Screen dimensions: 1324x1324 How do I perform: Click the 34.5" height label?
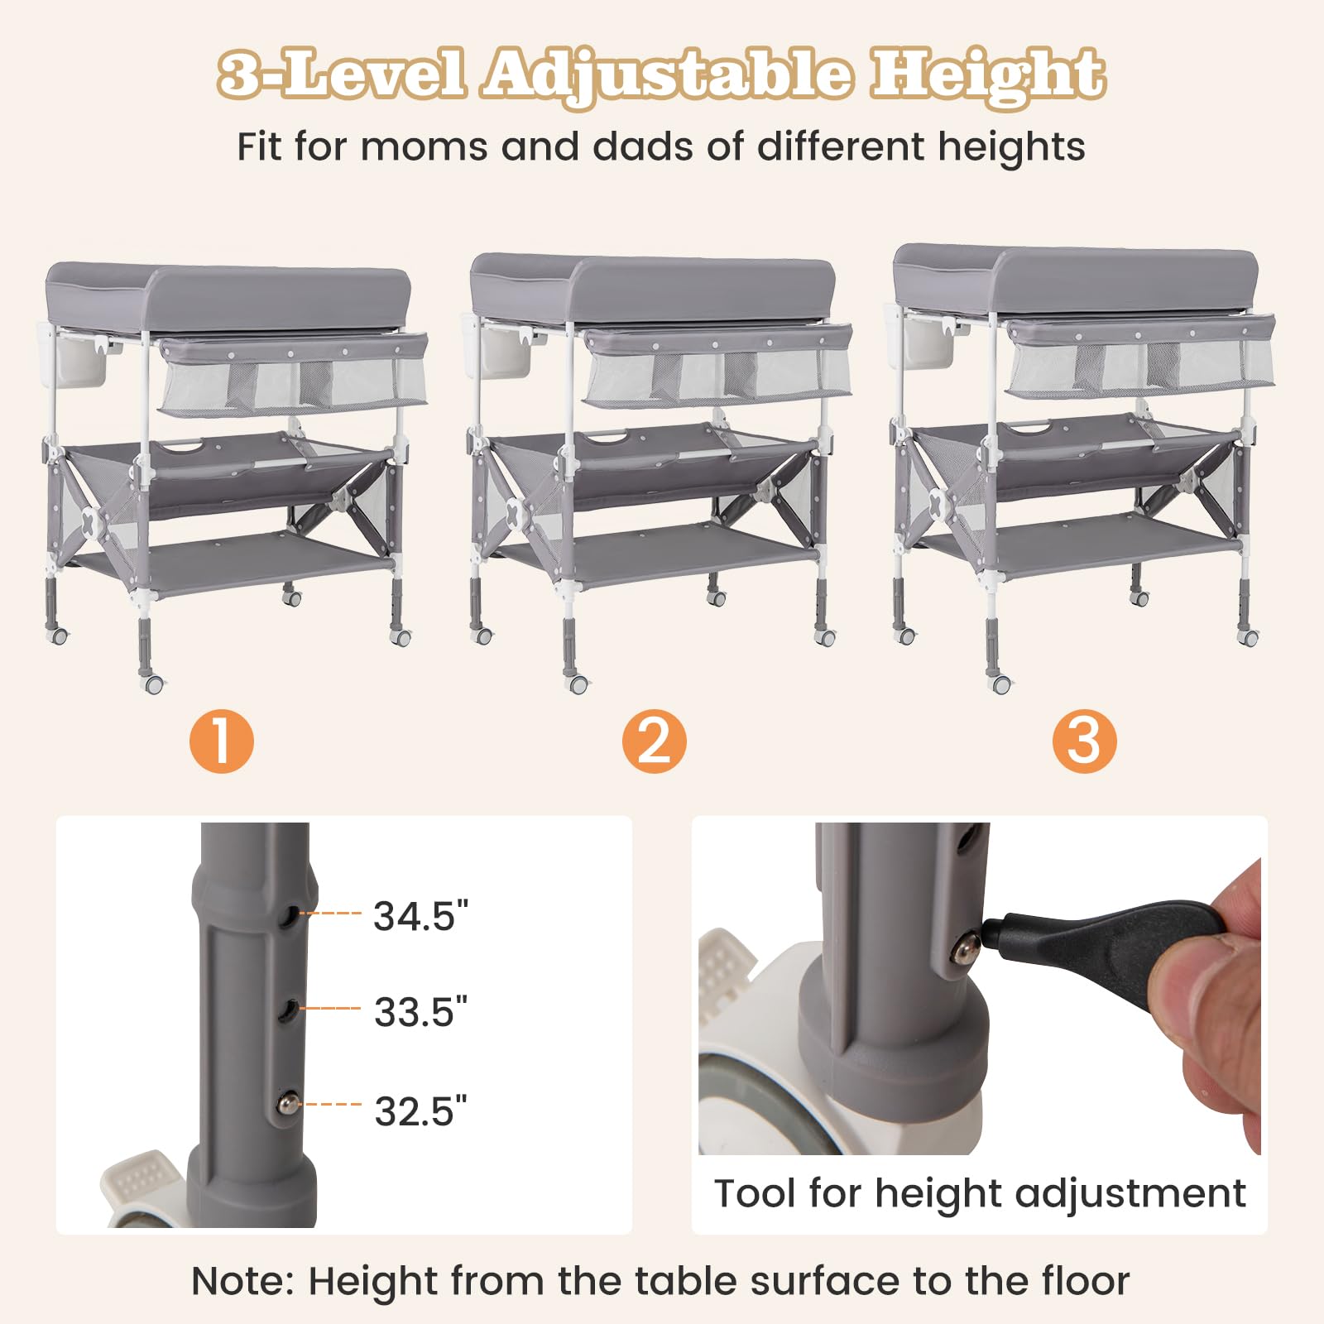tap(420, 916)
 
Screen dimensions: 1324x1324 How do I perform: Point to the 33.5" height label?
tap(420, 1012)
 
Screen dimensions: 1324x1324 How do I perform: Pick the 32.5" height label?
tap(420, 1111)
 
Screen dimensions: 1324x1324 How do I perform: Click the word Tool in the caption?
tap(756, 1193)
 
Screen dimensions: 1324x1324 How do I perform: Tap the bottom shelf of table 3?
tap(1080, 544)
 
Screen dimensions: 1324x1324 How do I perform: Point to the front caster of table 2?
tap(578, 684)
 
